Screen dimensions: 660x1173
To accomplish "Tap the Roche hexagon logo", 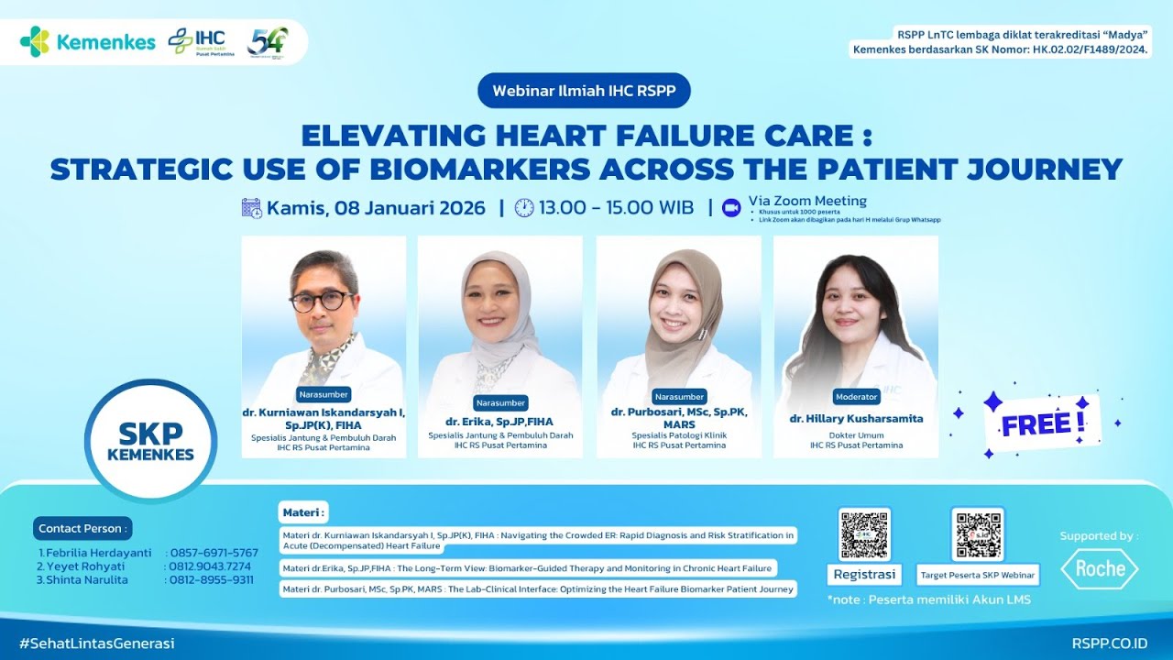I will pyautogui.click(x=1099, y=569).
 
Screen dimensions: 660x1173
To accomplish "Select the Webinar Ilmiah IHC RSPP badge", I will pyautogui.click(x=584, y=91).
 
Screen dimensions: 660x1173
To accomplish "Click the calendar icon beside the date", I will pyautogui.click(x=252, y=208).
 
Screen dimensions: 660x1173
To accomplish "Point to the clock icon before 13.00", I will pyautogui.click(x=524, y=208).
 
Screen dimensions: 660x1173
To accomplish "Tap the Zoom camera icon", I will pyautogui.click(x=731, y=208).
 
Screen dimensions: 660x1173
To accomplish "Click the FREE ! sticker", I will pyautogui.click(x=1043, y=424).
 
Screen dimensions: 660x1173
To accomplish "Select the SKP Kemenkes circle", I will pyautogui.click(x=150, y=441).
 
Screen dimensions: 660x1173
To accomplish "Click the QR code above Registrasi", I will pyautogui.click(x=864, y=534).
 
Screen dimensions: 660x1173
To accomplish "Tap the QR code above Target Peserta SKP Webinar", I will pyautogui.click(x=978, y=534).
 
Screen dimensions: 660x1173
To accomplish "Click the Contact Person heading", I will pyautogui.click(x=82, y=529).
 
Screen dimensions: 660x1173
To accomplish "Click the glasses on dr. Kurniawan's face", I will pyautogui.click(x=321, y=300).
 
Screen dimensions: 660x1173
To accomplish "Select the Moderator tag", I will pyautogui.click(x=857, y=397).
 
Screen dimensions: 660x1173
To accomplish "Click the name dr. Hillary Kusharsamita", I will pyautogui.click(x=856, y=419).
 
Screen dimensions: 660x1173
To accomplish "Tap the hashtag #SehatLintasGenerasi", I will pyautogui.click(x=96, y=643).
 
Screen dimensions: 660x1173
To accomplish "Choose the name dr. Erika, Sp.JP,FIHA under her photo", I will pyautogui.click(x=500, y=422).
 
